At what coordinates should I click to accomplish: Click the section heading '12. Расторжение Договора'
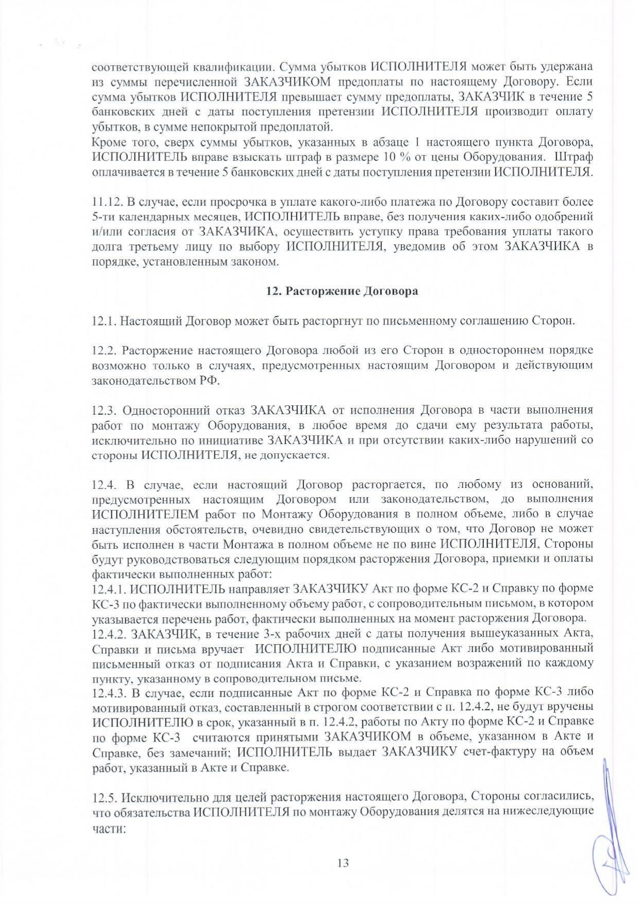342,291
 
